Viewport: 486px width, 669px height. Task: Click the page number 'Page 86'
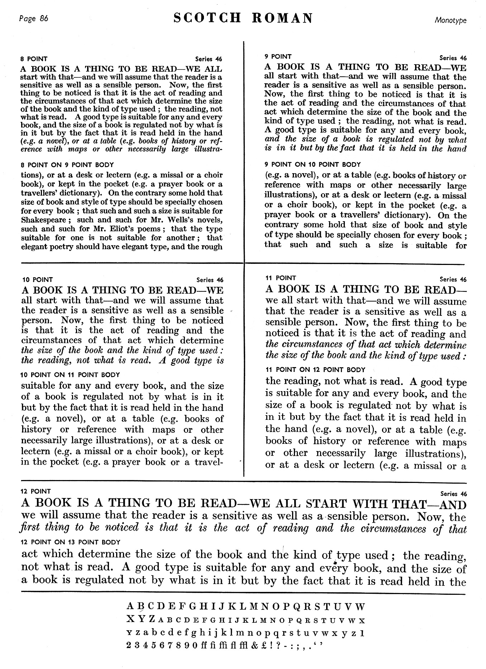coord(33,19)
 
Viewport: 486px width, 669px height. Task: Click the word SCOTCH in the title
coord(207,18)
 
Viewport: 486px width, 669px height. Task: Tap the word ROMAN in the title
coord(282,18)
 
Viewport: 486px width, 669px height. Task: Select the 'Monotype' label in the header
coord(451,20)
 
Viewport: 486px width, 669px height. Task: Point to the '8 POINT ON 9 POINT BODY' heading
coord(67,165)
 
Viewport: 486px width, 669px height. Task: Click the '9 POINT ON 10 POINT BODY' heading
coord(313,165)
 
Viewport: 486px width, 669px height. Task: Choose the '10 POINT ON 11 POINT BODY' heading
coord(71,375)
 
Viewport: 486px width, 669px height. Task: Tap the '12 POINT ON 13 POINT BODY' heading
coord(71,542)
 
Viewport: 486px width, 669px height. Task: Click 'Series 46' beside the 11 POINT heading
coord(453,279)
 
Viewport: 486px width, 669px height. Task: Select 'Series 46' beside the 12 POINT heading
coord(453,494)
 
